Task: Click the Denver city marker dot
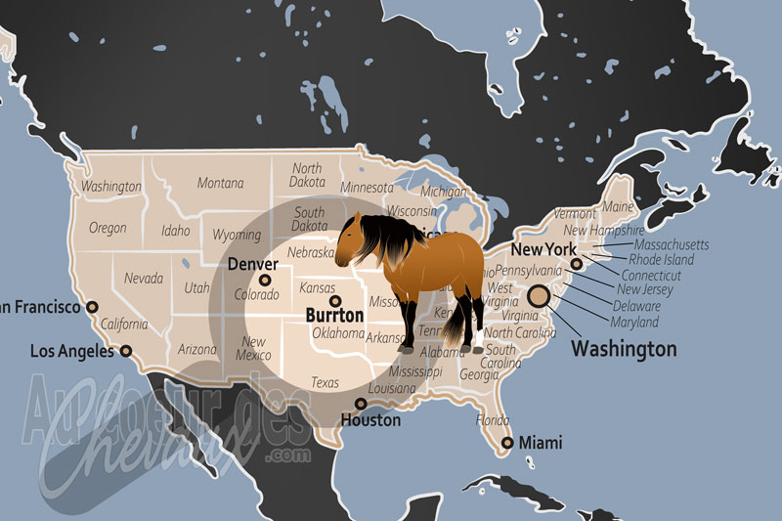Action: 265,281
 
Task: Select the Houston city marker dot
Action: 361,403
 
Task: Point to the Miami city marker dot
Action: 506,444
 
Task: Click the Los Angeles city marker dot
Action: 126,350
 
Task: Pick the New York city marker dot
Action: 577,263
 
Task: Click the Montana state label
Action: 221,183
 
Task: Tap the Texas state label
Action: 326,382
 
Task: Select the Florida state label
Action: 492,420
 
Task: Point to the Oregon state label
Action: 108,228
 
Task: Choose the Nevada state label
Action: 144,279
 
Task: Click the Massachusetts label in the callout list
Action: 672,244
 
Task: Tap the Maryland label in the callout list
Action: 634,322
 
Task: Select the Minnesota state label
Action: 368,187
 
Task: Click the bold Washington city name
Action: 624,348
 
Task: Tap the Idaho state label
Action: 176,232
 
